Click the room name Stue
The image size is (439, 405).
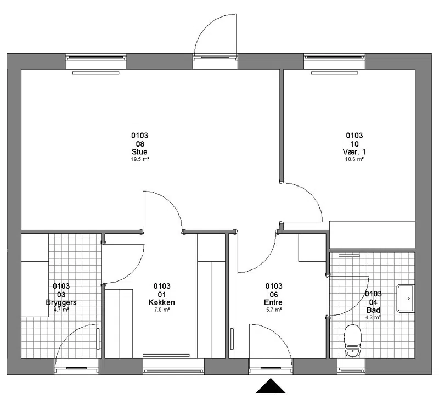coord(139,152)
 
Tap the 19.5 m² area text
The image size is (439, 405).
coord(140,159)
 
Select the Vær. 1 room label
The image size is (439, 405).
coord(354,152)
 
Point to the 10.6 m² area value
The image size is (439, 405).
coord(354,159)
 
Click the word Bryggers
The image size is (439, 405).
coord(61,303)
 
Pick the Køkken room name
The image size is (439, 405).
coord(162,302)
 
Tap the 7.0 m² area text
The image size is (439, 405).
coord(162,310)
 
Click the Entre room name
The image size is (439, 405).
coord(273,302)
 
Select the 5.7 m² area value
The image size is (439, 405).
coord(274,310)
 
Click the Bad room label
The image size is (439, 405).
coord(373,310)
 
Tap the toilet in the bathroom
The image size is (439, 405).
coord(353,340)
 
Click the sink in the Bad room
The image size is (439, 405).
coord(405,299)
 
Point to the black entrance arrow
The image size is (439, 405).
coord(271,386)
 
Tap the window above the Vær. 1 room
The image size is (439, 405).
coord(335,58)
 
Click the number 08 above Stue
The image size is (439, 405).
coord(140,144)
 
